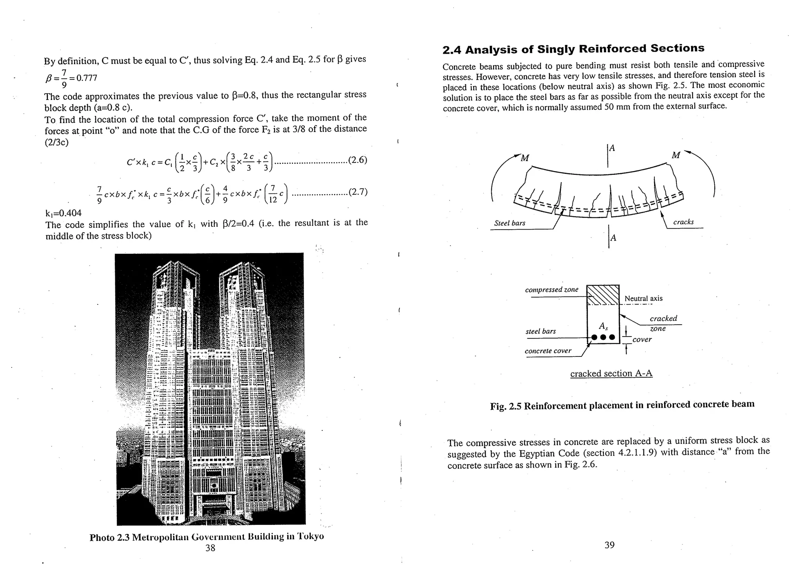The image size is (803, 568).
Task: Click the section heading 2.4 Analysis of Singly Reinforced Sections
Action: tap(573, 49)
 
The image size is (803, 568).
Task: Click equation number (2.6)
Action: tap(358, 160)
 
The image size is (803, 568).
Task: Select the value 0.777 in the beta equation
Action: tap(87, 78)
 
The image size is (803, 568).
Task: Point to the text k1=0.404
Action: tap(64, 213)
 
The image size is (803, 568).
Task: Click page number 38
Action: tap(210, 548)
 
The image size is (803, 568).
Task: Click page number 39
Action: tap(609, 545)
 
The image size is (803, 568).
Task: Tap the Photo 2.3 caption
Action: tap(207, 537)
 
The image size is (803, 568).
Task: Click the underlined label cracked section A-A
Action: tap(611, 373)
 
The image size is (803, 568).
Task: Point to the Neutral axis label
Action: tap(643, 298)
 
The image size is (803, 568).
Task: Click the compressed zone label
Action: tap(551, 289)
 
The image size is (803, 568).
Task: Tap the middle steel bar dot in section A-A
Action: tap(603, 337)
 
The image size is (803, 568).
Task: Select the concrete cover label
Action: tap(548, 351)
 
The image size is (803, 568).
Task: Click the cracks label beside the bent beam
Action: tap(683, 222)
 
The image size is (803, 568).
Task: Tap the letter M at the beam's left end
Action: tap(525, 158)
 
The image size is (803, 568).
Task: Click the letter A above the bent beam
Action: tap(612, 148)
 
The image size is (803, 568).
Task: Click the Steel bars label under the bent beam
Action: tap(510, 223)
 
